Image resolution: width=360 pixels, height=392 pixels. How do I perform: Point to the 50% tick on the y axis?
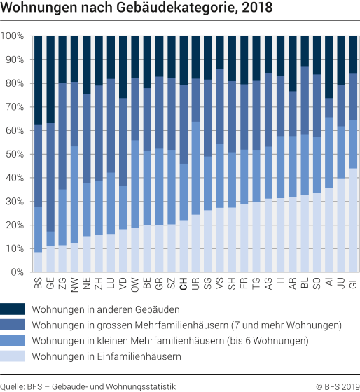click(x=15, y=154)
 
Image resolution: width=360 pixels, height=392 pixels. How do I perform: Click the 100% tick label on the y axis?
click(x=13, y=36)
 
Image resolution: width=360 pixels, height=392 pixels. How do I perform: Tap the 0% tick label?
click(x=18, y=272)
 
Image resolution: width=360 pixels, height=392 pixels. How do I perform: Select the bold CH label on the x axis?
click(x=184, y=283)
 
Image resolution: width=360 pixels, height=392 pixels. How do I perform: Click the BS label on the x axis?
click(x=39, y=283)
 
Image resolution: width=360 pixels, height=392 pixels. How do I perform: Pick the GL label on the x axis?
click(x=354, y=283)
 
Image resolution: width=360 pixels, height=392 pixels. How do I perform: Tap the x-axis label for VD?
click(x=123, y=283)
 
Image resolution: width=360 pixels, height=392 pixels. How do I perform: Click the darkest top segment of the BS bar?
click(x=39, y=80)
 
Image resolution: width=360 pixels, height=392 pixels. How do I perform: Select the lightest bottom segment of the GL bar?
click(x=354, y=220)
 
